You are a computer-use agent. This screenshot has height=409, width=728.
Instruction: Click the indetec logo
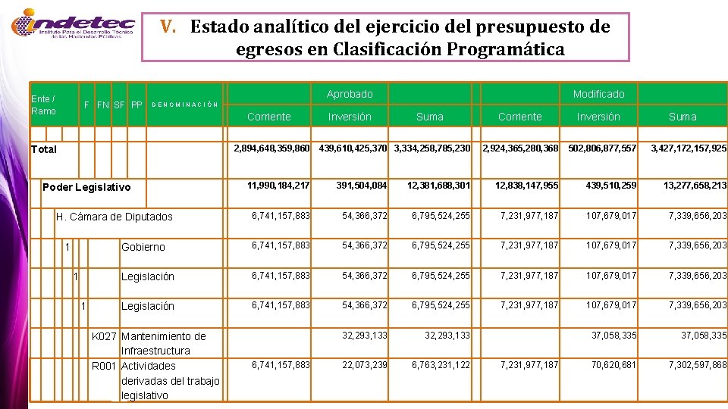click(x=73, y=27)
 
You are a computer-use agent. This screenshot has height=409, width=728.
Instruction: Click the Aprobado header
click(x=350, y=94)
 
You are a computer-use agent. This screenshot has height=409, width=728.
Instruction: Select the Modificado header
click(x=598, y=94)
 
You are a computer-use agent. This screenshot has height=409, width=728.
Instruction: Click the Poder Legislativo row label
click(x=86, y=187)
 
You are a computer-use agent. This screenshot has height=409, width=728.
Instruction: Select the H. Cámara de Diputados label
click(x=115, y=217)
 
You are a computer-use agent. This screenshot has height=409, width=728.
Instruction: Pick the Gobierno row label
click(x=143, y=247)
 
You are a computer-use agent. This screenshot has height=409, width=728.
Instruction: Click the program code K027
click(x=104, y=336)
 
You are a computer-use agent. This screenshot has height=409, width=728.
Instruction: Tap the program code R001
click(x=104, y=366)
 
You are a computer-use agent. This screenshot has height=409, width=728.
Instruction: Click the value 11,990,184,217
click(x=278, y=186)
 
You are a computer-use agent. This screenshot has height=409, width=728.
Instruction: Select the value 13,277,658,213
click(x=695, y=186)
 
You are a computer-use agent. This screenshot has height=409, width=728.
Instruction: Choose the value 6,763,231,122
click(x=441, y=365)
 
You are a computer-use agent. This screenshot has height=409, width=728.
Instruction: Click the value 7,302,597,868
click(x=697, y=365)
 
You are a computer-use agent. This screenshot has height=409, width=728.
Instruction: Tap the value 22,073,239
click(x=365, y=365)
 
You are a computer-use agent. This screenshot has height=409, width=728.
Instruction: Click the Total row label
click(x=43, y=149)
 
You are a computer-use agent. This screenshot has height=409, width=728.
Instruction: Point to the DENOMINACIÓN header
click(x=186, y=105)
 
